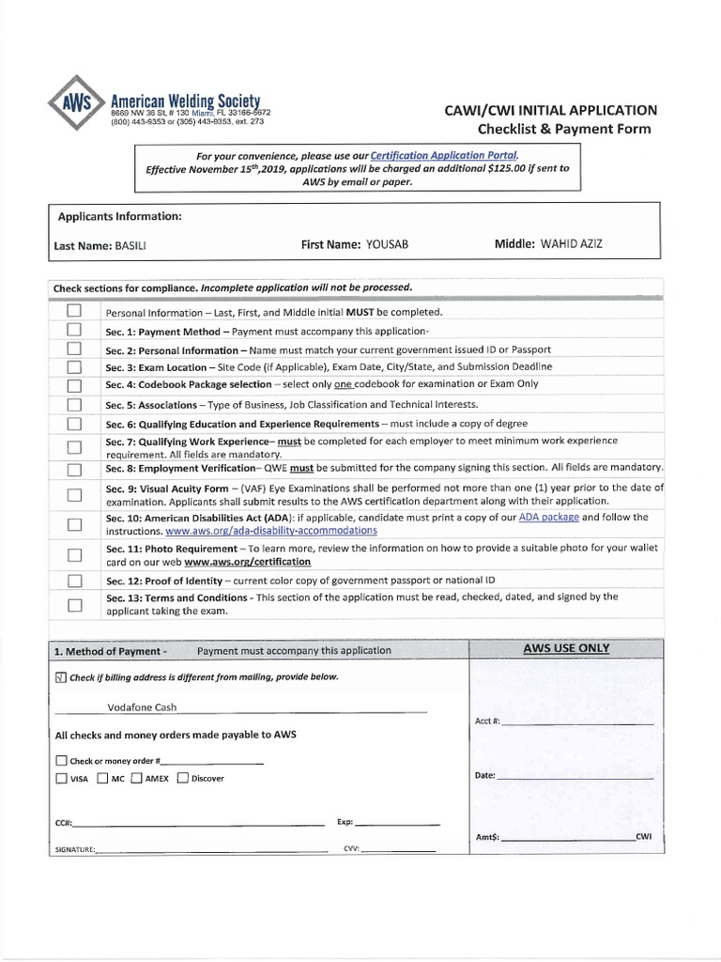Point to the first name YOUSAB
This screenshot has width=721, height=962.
(x=387, y=244)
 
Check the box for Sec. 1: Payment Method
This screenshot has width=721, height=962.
(x=74, y=331)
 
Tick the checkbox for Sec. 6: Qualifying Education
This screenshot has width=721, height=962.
(x=74, y=423)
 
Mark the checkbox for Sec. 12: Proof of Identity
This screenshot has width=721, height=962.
(x=74, y=582)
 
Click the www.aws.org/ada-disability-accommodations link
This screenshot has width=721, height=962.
(x=271, y=531)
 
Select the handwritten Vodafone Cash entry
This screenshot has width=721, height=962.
(x=142, y=707)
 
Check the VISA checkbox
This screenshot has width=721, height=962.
(x=61, y=778)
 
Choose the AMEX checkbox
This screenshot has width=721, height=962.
(x=137, y=778)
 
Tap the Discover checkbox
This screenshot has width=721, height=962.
(x=183, y=778)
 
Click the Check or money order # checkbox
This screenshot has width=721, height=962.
(x=61, y=761)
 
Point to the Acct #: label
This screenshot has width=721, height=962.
(x=488, y=721)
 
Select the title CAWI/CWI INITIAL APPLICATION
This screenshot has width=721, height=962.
(x=550, y=110)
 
